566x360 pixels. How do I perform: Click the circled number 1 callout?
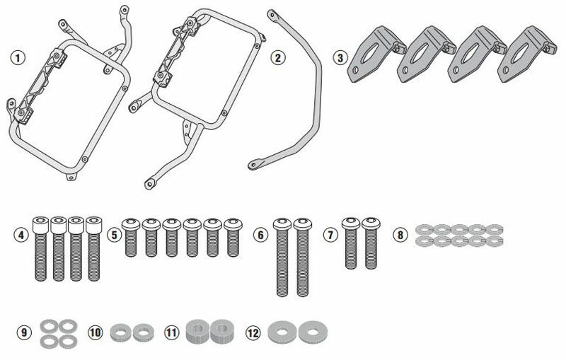[18, 58]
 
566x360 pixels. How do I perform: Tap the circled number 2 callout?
[277, 58]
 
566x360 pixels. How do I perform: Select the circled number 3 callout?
[340, 57]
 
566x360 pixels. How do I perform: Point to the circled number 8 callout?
[400, 236]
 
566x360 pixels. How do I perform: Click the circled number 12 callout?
[253, 332]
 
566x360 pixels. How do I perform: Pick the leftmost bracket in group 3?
[376, 54]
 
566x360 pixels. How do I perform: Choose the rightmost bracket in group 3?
[526, 54]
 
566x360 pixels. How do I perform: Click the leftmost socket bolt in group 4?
[40, 248]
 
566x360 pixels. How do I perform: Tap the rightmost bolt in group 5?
[233, 238]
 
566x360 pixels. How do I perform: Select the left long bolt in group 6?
[282, 257]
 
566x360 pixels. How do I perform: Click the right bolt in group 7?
[371, 243]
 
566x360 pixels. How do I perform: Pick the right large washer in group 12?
[313, 332]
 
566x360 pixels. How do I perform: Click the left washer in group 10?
[120, 332]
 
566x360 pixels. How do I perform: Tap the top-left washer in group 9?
[48, 326]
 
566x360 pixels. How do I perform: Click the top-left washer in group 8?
[424, 229]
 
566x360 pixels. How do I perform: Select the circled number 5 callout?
[114, 236]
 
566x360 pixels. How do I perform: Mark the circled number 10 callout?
[95, 332]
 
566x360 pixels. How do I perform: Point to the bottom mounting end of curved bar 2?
[255, 164]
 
